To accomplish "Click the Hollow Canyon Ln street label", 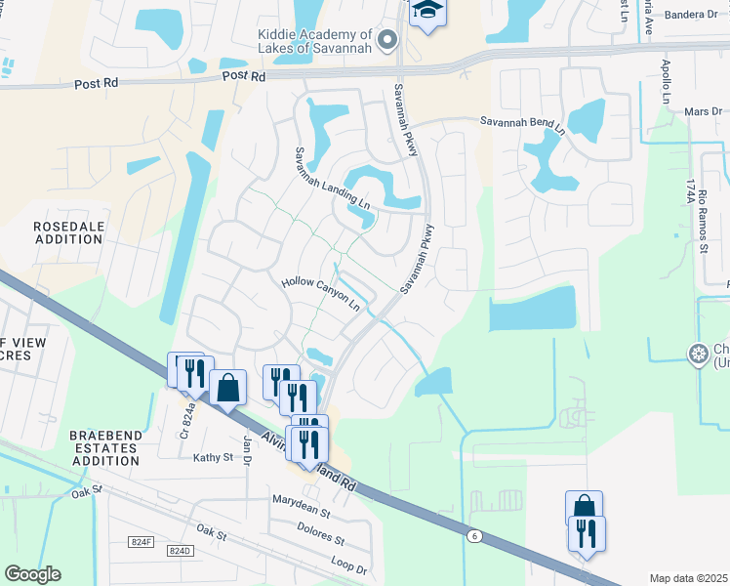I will (x=320, y=293).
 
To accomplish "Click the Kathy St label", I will (x=213, y=457).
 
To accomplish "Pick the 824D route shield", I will (x=180, y=551).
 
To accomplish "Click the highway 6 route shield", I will (x=474, y=536).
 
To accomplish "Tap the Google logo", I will (x=32, y=574).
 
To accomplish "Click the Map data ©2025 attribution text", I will (x=688, y=578).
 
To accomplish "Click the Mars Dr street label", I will (x=703, y=112).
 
